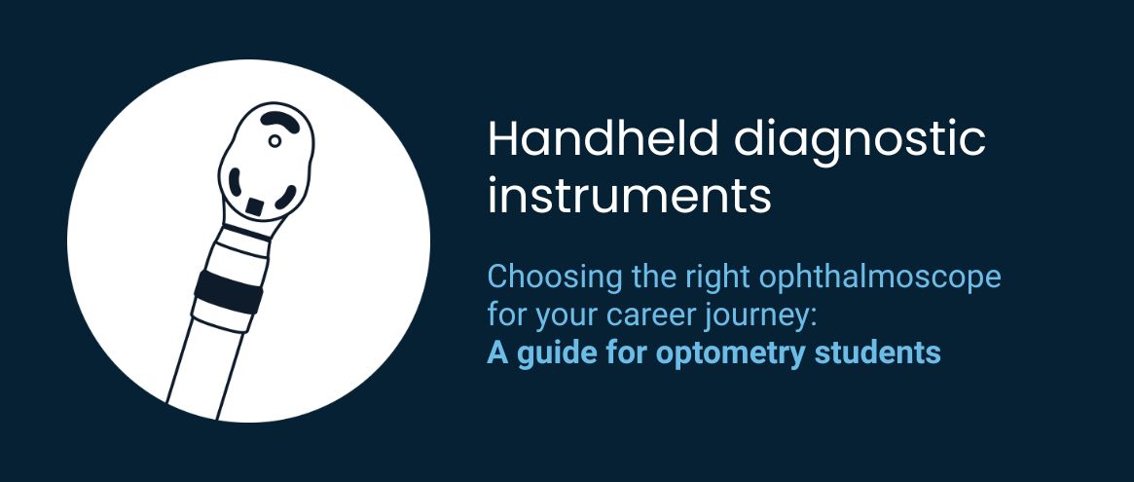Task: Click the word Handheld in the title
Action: pyautogui.click(x=604, y=138)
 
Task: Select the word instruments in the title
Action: pyautogui.click(x=629, y=196)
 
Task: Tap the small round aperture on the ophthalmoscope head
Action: pyautogui.click(x=274, y=141)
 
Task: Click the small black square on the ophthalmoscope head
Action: pyautogui.click(x=255, y=206)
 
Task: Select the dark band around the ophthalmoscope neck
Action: pyautogui.click(x=228, y=291)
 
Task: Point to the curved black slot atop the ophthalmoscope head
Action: pyautogui.click(x=280, y=120)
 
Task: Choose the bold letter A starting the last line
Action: pyautogui.click(x=497, y=352)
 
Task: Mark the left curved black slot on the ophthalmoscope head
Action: pyautogui.click(x=235, y=184)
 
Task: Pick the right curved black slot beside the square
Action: pyautogui.click(x=285, y=197)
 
